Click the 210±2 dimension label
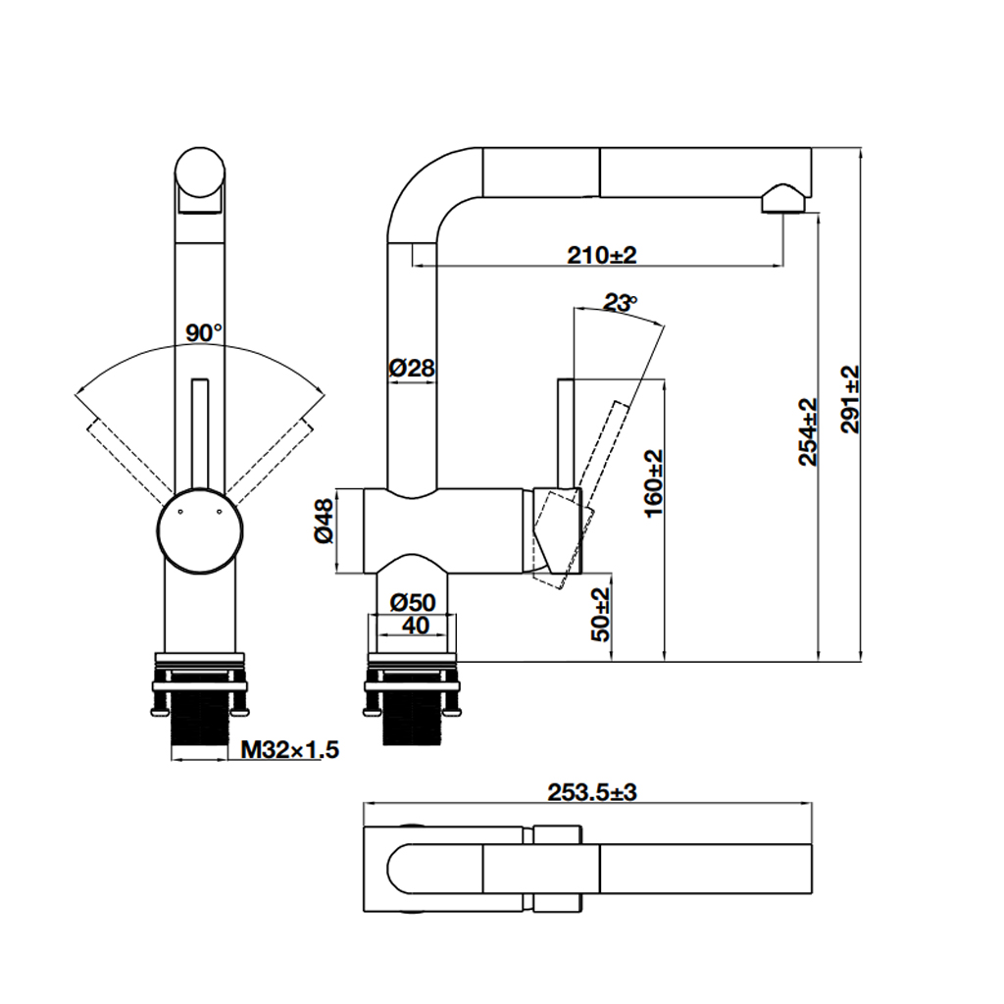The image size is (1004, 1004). pyautogui.click(x=601, y=255)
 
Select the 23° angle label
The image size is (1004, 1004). pyautogui.click(x=620, y=303)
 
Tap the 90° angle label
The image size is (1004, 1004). pyautogui.click(x=204, y=332)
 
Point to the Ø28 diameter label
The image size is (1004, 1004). pyautogui.click(x=411, y=369)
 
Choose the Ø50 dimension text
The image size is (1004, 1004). pyautogui.click(x=412, y=602)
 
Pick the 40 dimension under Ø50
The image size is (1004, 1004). pyautogui.click(x=415, y=626)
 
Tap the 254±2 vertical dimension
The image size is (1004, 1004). pyautogui.click(x=807, y=430)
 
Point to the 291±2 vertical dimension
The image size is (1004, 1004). pyautogui.click(x=849, y=399)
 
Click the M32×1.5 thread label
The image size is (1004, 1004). pyautogui.click(x=289, y=750)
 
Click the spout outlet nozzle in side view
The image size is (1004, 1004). pyautogui.click(x=782, y=199)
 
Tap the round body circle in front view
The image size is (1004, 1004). pyautogui.click(x=199, y=529)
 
